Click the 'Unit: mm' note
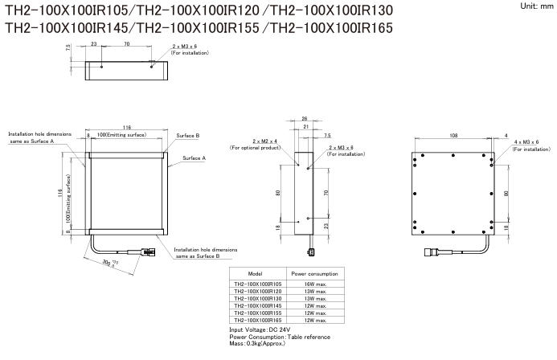point(532,6)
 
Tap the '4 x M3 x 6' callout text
point(526,141)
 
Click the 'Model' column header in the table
point(255,274)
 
